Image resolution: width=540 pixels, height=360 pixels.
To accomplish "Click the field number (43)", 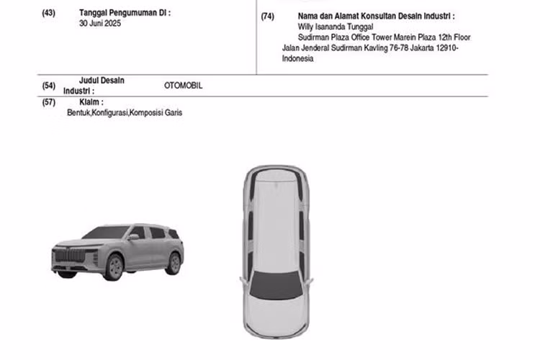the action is (x=48, y=13).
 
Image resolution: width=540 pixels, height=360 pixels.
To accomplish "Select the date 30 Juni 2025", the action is (x=100, y=24).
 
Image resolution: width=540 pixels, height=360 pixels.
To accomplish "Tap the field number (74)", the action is (x=268, y=17).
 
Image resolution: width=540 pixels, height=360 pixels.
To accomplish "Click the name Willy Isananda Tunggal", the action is (x=336, y=27).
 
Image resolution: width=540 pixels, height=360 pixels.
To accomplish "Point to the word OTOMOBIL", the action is (x=183, y=86).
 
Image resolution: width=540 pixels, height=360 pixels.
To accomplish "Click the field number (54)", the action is (x=48, y=86).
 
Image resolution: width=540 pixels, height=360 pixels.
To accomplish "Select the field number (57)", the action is (x=48, y=102).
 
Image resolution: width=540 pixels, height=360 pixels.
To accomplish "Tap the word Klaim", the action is (x=90, y=102).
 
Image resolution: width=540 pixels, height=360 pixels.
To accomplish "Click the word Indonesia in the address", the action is (x=298, y=58).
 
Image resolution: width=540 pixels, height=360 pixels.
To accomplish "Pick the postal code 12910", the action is (x=446, y=48).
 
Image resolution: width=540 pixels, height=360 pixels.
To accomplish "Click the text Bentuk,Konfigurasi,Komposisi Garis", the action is (x=125, y=112).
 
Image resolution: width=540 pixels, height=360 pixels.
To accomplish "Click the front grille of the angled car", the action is (x=71, y=256).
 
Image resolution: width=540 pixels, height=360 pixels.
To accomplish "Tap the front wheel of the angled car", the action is (x=114, y=267).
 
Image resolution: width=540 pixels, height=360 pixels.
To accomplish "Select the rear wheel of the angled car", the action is (x=174, y=264).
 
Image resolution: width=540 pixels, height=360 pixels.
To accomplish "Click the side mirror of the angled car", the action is (x=133, y=237).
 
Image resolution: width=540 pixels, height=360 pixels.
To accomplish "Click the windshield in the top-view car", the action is (x=276, y=284).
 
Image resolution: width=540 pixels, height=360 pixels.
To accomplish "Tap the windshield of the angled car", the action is (x=106, y=232).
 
